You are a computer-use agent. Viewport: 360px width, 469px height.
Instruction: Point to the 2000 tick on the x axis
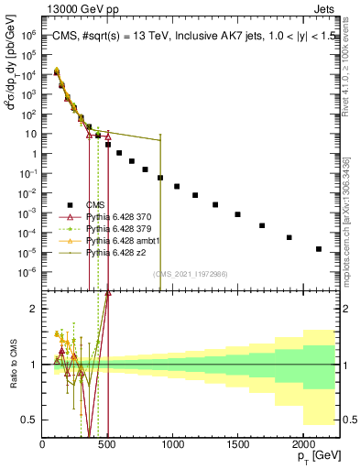[x=301, y=442]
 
